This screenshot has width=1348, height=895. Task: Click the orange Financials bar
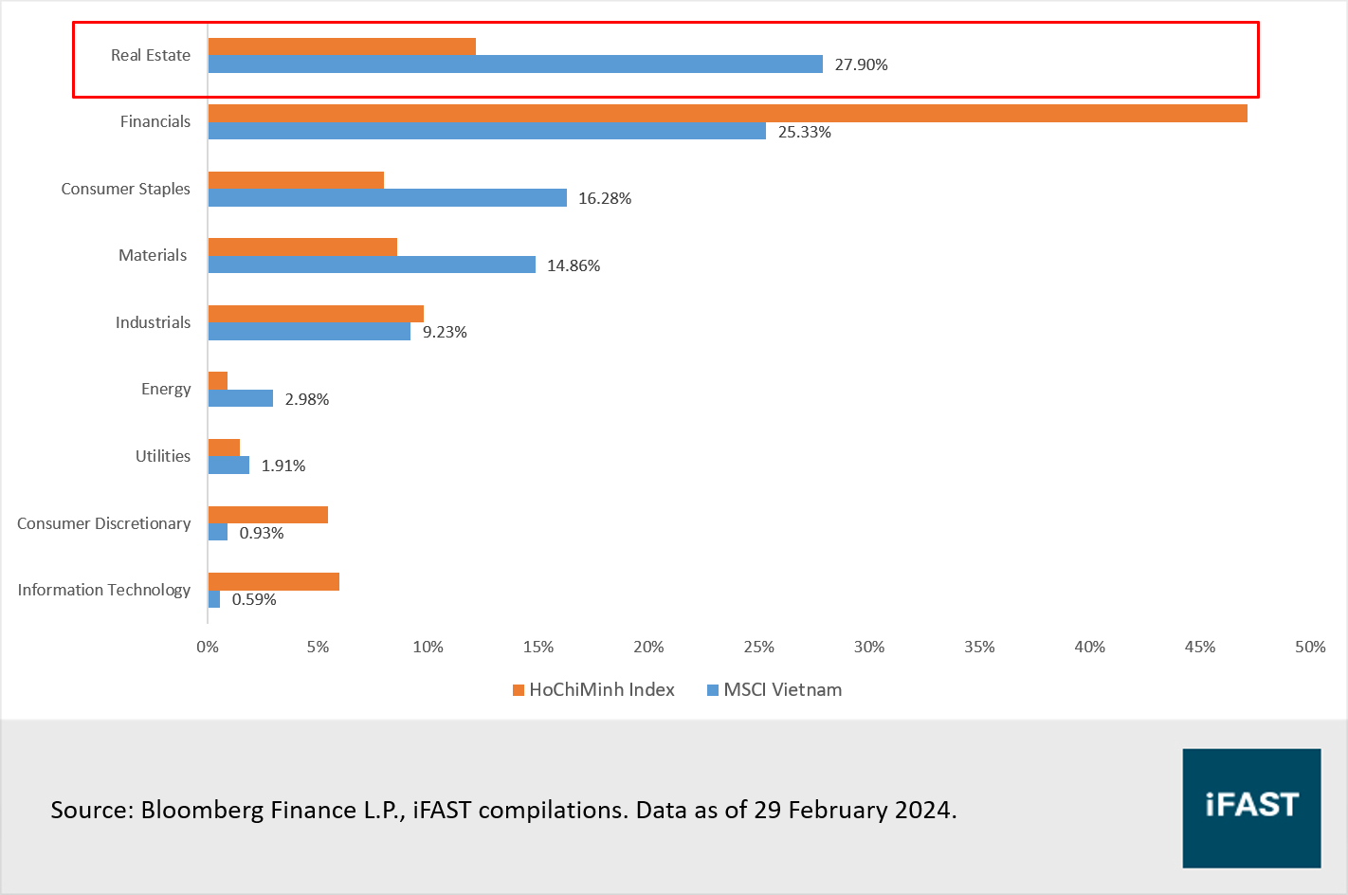click(727, 114)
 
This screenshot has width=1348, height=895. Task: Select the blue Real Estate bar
click(515, 64)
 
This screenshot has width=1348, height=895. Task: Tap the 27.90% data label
click(861, 64)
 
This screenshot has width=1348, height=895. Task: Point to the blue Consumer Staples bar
click(387, 198)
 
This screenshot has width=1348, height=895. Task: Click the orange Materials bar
click(302, 247)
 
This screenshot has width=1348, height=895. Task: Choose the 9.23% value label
click(445, 332)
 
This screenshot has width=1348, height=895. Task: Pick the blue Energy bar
click(241, 398)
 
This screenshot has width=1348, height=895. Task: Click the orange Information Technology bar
click(273, 581)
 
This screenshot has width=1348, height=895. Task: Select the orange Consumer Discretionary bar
click(267, 515)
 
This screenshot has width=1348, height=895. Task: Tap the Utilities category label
click(163, 456)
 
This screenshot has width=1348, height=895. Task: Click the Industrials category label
click(153, 322)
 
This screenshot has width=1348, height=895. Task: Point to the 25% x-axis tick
click(758, 647)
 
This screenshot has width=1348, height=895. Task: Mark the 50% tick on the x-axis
click(1310, 647)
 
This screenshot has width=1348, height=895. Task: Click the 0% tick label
click(208, 647)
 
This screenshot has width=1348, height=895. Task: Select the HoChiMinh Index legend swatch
click(519, 690)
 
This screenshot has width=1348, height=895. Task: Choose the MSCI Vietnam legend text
click(782, 690)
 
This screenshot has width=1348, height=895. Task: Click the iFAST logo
click(1251, 808)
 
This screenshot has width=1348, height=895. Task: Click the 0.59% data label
click(254, 599)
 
